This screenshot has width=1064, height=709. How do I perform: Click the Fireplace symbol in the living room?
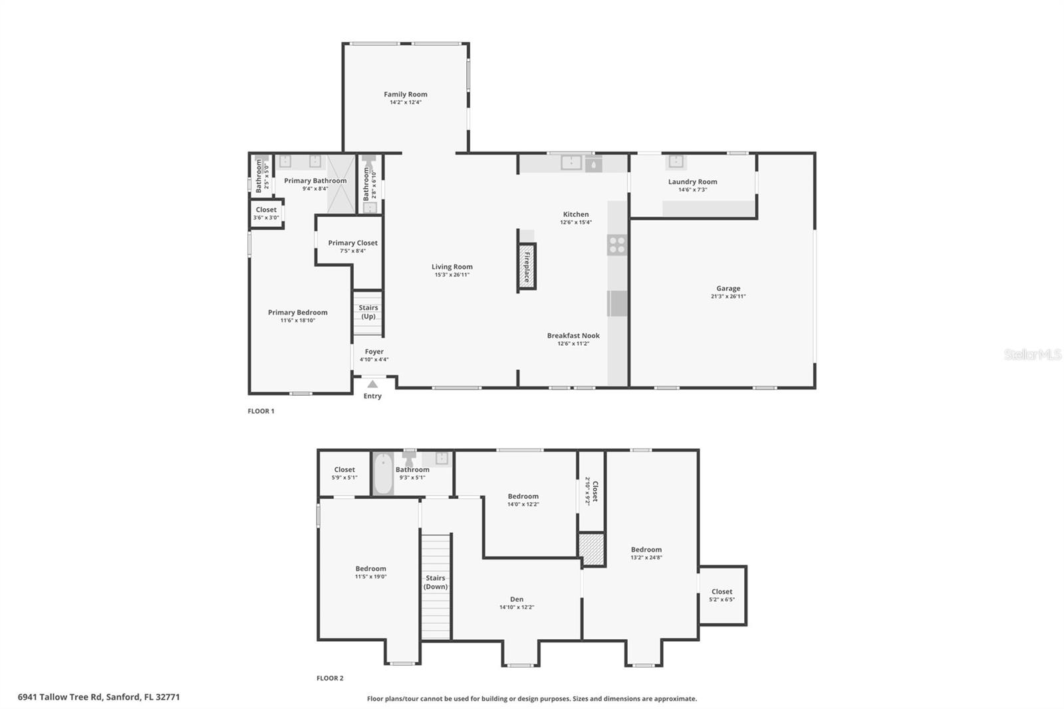coord(527,267)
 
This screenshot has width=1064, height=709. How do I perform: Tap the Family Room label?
coord(405,94)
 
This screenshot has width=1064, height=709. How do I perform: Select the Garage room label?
coord(728,289)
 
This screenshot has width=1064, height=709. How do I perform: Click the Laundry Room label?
coord(692,182)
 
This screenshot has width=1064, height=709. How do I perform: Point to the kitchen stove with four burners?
coord(616,245)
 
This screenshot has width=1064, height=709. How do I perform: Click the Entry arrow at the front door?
coord(372,384)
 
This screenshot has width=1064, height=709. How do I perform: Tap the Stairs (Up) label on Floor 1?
coord(368,312)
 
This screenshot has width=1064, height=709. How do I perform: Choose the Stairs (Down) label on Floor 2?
coord(436,582)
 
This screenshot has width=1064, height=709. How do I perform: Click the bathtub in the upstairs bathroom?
coord(383,474)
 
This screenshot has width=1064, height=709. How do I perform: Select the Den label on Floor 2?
coord(517,599)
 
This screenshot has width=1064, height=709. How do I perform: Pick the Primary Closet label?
coord(352,243)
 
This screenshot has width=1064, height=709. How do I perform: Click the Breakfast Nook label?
coord(573,336)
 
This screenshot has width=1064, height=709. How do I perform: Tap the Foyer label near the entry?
coord(374,352)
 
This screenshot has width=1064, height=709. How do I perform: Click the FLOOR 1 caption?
coord(261,411)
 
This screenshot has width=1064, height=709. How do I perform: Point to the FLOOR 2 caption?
coord(330,678)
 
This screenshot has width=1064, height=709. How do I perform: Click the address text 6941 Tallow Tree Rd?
coord(98,697)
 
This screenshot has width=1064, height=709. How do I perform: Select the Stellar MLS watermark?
coord(1032,354)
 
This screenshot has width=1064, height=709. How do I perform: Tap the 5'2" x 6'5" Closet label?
coord(722,592)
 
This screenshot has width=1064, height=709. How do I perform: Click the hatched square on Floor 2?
coord(591,549)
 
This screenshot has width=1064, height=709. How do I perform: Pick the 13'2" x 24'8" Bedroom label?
coord(646,549)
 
